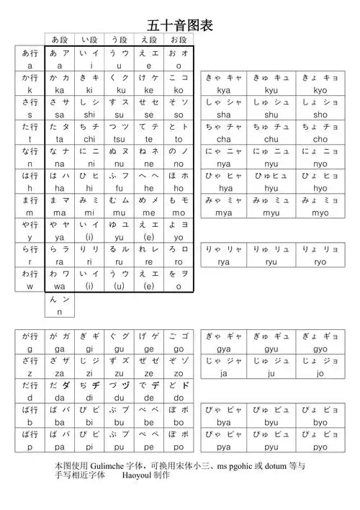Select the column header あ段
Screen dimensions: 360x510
click(60, 39)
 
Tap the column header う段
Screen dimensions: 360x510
click(119, 39)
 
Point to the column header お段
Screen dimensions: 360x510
click(178, 39)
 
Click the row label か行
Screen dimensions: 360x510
click(30, 78)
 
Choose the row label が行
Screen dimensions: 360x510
click(30, 336)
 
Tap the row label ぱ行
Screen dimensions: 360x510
click(30, 434)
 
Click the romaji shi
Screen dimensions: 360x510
click(89, 115)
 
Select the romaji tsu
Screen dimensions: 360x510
click(119, 139)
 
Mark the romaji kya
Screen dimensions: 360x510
click(223, 90)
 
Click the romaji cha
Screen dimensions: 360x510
click(223, 139)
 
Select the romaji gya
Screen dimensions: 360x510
click(223, 349)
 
